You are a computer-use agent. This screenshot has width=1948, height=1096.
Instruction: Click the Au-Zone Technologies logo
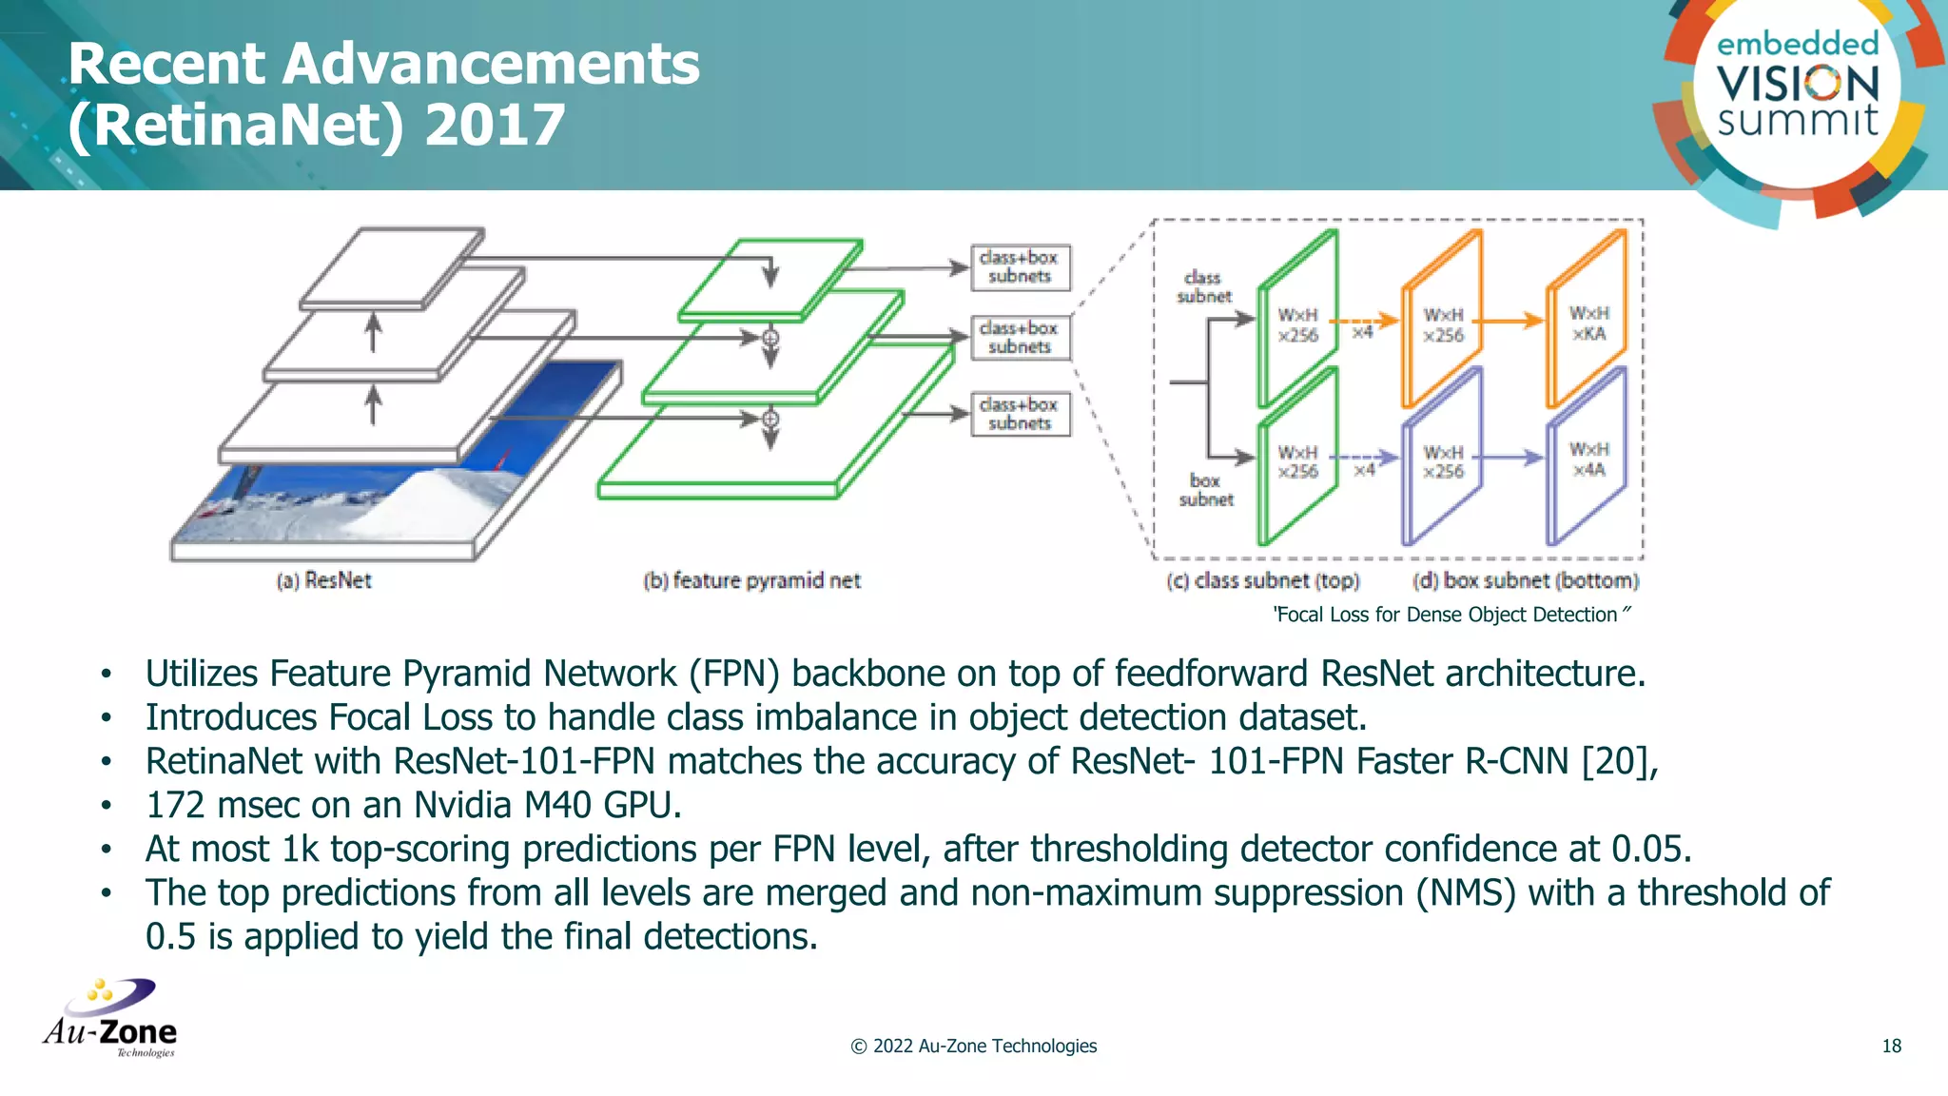[110, 1019]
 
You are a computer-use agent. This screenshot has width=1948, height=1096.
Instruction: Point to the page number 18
[1891, 1047]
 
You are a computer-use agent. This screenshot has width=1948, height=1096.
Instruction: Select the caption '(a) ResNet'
[323, 580]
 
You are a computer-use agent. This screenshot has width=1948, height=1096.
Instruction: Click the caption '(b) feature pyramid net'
[751, 580]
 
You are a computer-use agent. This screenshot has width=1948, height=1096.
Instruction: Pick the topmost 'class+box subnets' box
[1020, 267]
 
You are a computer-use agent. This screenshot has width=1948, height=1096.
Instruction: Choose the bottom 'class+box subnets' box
[1020, 415]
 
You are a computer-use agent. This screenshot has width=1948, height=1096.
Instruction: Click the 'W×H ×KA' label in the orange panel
[1588, 323]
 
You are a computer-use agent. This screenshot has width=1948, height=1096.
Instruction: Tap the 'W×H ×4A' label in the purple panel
[1588, 460]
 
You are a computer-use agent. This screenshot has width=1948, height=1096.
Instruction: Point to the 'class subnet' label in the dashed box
[1203, 286]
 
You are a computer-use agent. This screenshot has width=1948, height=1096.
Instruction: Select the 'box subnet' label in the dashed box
[1205, 490]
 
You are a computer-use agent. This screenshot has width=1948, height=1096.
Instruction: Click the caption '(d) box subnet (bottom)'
[1525, 580]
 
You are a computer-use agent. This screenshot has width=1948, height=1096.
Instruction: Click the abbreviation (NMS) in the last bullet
[1465, 893]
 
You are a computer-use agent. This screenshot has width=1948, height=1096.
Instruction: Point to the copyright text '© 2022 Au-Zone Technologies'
[973, 1047]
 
